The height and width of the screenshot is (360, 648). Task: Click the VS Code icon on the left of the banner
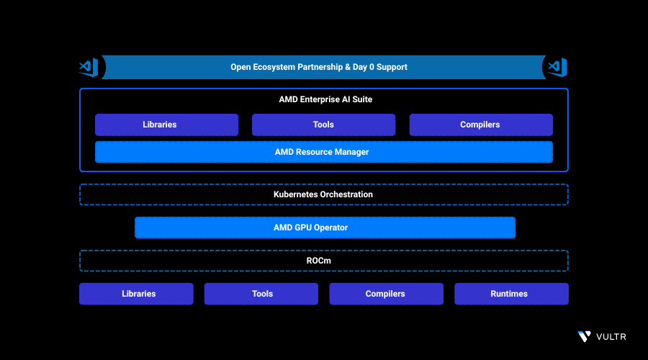pyautogui.click(x=88, y=67)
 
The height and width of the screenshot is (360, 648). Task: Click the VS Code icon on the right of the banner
pyautogui.click(x=557, y=67)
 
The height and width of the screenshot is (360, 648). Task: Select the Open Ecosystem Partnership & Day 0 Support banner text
pyautogui.click(x=318, y=67)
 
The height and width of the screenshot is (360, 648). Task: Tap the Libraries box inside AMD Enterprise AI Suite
pyautogui.click(x=166, y=125)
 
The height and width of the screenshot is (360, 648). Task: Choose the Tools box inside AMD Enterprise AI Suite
pyautogui.click(x=323, y=125)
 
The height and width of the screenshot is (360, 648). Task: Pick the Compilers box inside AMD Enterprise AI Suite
pyautogui.click(x=481, y=125)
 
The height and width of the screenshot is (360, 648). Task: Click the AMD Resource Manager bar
pyautogui.click(x=323, y=152)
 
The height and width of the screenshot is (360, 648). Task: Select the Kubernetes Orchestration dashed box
pyautogui.click(x=323, y=194)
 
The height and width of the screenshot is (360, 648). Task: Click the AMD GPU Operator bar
pyautogui.click(x=325, y=228)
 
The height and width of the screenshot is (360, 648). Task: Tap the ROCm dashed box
pyautogui.click(x=323, y=261)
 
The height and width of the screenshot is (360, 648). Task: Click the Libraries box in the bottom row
pyautogui.click(x=136, y=294)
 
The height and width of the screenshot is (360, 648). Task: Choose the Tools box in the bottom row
pyautogui.click(x=261, y=294)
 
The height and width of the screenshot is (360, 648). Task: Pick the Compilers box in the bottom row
pyautogui.click(x=386, y=294)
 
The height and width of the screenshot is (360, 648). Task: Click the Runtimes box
pyautogui.click(x=511, y=294)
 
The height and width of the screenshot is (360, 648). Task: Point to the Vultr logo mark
pyautogui.click(x=584, y=336)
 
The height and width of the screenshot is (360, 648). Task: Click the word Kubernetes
pyautogui.click(x=297, y=194)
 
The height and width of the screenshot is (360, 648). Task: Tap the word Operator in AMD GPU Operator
pyautogui.click(x=328, y=228)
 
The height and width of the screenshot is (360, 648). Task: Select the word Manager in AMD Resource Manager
pyautogui.click(x=351, y=152)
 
